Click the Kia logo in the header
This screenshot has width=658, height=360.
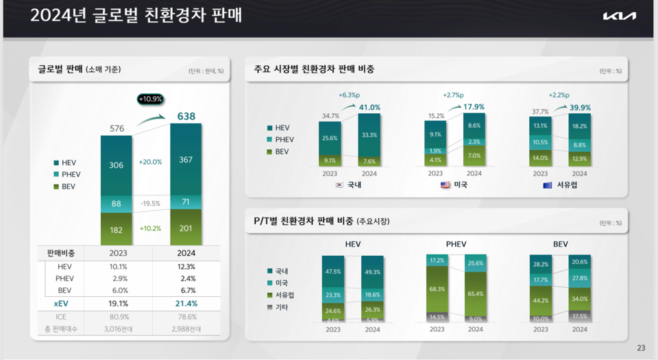point(619,16)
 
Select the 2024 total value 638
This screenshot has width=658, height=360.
point(186,117)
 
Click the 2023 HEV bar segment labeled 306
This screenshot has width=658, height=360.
point(116,165)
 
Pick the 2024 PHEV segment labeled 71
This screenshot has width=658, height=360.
point(186,202)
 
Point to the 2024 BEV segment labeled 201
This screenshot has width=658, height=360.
point(186,228)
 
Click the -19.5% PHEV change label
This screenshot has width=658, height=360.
point(151,204)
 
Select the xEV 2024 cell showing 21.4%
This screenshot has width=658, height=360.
point(186,303)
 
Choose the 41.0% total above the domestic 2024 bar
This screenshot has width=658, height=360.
point(369,108)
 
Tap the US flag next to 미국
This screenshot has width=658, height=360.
point(445,185)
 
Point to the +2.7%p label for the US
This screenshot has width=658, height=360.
point(454,95)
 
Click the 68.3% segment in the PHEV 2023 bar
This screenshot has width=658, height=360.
point(437,289)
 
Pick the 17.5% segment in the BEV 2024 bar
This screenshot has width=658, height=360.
point(579,317)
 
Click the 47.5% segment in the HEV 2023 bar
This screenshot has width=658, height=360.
point(333,272)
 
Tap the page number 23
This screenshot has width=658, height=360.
point(641,348)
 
